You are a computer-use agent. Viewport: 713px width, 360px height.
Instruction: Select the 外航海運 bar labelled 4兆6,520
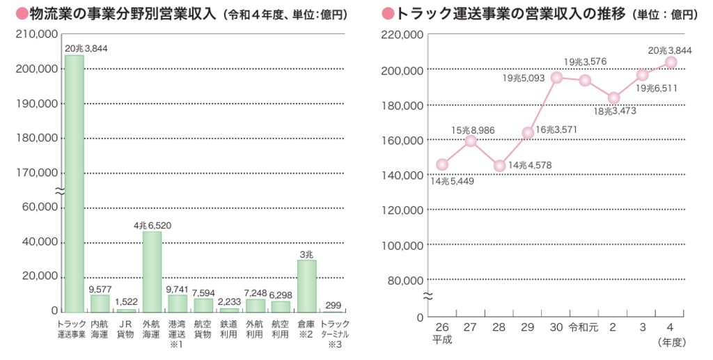[152, 272]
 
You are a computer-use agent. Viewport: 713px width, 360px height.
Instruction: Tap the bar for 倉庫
[306, 285]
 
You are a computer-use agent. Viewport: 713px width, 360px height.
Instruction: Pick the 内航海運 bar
[100, 304]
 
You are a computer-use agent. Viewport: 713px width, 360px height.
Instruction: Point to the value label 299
[333, 304]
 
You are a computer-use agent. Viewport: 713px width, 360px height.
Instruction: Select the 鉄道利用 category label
[229, 330]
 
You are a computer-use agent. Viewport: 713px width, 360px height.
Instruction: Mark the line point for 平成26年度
[442, 164]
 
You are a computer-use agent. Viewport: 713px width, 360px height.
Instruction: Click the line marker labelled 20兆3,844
[671, 62]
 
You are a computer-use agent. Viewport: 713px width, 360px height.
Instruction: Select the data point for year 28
[499, 166]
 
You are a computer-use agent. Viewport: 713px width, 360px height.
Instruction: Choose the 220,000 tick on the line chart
[402, 34]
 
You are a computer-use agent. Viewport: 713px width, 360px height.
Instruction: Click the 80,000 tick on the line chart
[405, 280]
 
